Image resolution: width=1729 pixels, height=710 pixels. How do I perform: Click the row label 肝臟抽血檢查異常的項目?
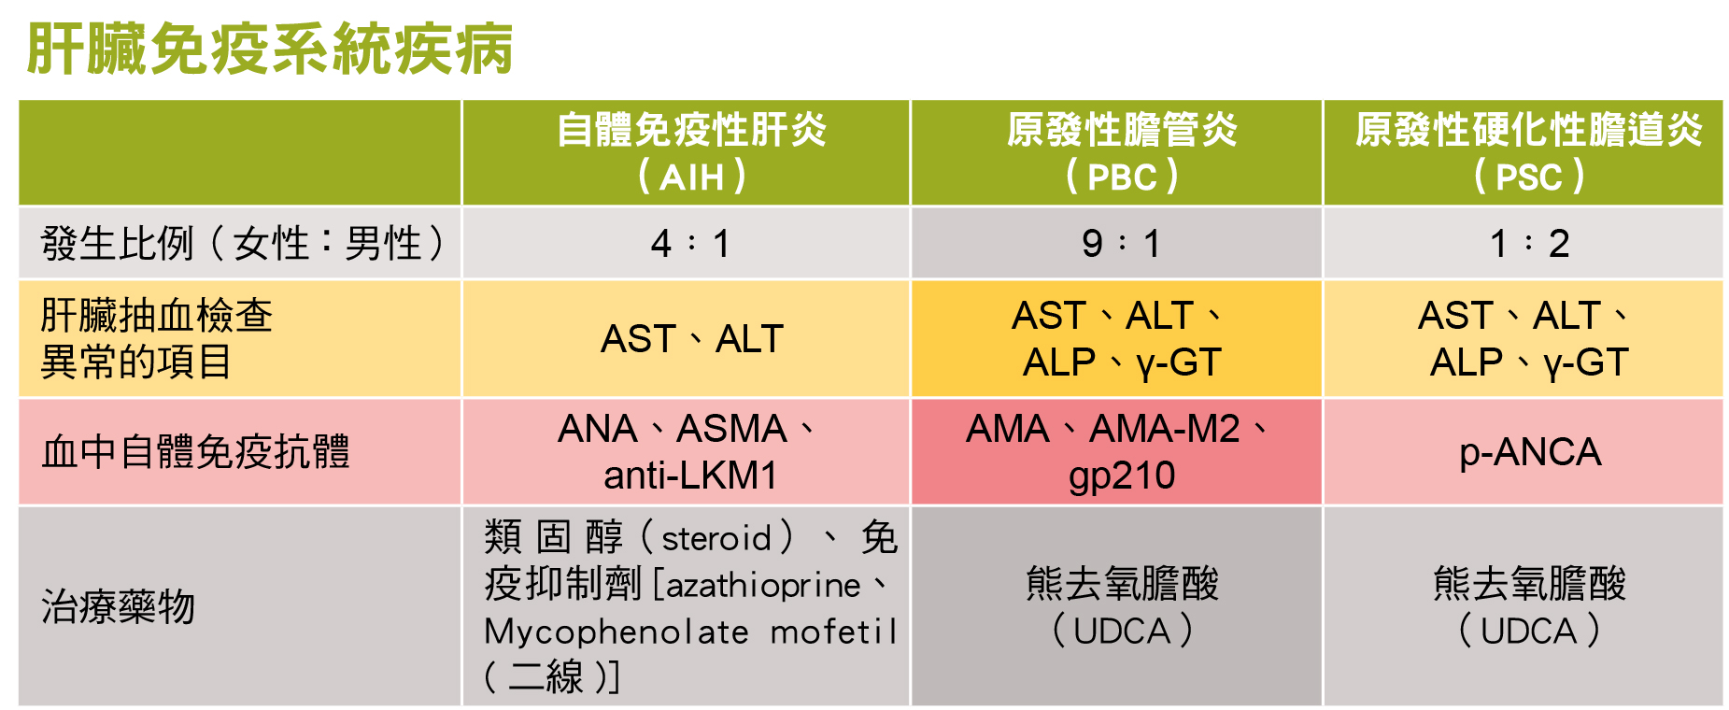pos(156,338)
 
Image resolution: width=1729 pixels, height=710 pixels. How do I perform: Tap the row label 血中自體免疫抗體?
pos(195,452)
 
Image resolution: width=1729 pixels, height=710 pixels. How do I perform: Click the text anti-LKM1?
pos(690,476)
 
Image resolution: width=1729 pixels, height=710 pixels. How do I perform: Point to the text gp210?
pos(1122,476)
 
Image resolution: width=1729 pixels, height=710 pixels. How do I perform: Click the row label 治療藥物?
pos(118,607)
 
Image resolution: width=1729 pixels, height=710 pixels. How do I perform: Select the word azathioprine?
pos(763,586)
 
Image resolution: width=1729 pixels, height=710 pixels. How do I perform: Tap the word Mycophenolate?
pos(616,632)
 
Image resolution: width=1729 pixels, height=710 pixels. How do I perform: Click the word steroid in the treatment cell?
pos(716,539)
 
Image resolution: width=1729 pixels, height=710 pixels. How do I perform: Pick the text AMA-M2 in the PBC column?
pos(1164,430)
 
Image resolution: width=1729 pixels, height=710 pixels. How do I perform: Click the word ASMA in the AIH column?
pos(731,430)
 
